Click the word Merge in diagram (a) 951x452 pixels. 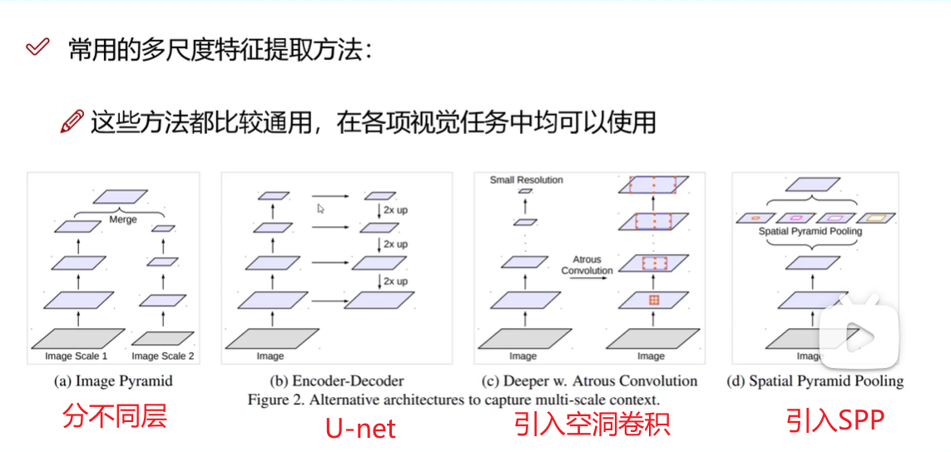click(123, 220)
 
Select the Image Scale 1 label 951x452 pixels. click(77, 356)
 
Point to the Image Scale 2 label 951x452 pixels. click(163, 356)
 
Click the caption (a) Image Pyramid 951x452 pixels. click(113, 381)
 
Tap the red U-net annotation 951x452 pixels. click(359, 428)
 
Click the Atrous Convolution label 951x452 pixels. click(587, 265)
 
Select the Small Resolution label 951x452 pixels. click(526, 180)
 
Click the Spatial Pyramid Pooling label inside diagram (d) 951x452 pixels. click(810, 231)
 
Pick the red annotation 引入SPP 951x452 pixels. click(835, 420)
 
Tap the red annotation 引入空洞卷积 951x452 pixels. click(592, 424)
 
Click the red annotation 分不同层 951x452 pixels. click(115, 415)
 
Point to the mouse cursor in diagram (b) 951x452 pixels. click(321, 209)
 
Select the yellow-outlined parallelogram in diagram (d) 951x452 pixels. click(877, 217)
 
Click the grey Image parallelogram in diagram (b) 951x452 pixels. click(272, 339)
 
